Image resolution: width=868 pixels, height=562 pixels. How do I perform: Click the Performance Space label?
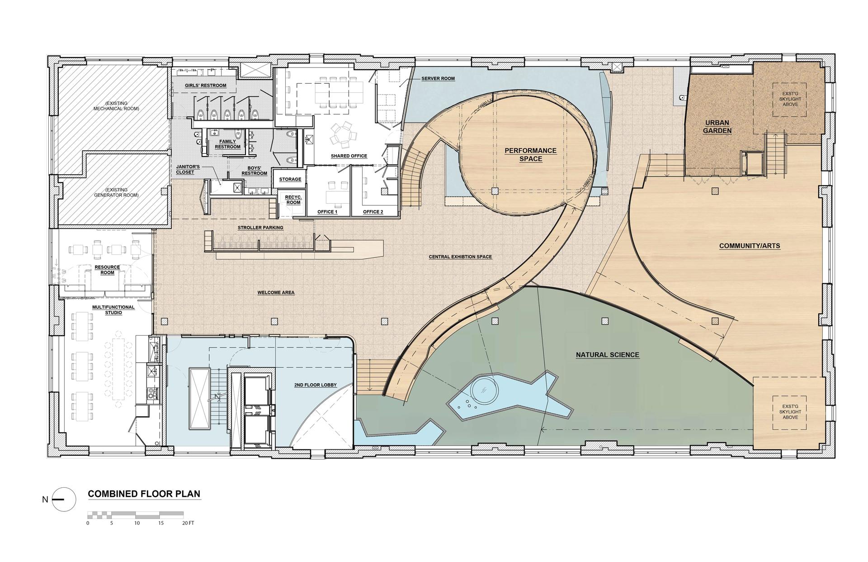(530, 154)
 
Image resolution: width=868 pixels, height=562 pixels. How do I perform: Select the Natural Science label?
(608, 355)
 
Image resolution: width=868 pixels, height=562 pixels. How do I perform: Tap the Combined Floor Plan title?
(144, 494)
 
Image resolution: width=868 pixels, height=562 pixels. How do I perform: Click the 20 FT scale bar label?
(188, 523)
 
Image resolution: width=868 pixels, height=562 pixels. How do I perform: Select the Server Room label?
(438, 79)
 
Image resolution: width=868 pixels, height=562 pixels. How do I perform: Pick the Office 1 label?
(327, 212)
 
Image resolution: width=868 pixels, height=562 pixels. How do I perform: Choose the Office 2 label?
(373, 212)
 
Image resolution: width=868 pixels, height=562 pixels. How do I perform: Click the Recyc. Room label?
(293, 200)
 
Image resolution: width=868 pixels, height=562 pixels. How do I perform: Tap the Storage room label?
(290, 180)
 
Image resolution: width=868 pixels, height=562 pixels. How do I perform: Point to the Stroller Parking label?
(261, 228)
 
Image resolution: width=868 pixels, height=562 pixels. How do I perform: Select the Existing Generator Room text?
(117, 192)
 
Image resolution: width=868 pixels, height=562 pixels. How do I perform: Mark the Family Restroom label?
(227, 144)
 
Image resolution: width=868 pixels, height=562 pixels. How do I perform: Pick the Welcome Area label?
(276, 293)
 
